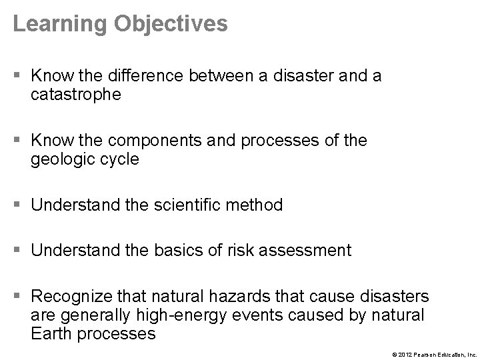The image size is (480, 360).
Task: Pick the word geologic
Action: point(59,160)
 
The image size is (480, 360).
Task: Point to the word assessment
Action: point(297,251)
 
